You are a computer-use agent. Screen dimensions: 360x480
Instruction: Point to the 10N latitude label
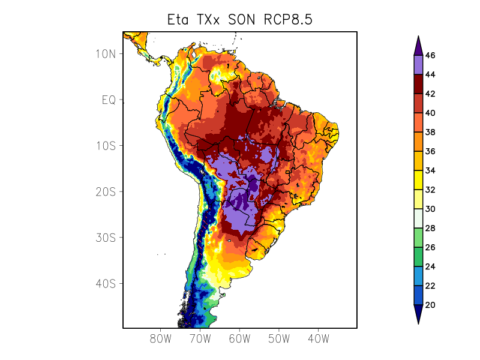coord(105,54)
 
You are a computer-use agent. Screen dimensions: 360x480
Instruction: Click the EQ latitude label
coord(109,100)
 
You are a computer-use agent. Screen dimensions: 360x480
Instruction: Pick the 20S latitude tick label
coord(105,191)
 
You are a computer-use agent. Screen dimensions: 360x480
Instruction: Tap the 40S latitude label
coord(105,283)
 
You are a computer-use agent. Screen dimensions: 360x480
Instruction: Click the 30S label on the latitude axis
coord(105,238)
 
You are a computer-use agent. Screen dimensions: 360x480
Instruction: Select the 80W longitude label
coord(161,338)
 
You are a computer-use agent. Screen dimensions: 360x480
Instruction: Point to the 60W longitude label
coord(239,338)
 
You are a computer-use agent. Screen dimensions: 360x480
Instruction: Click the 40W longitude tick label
coord(318,338)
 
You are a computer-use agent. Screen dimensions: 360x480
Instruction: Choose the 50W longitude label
coord(279,338)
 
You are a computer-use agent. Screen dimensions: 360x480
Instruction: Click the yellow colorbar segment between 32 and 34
coord(418,180)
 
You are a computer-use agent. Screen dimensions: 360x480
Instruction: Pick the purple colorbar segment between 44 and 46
coord(418,65)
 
